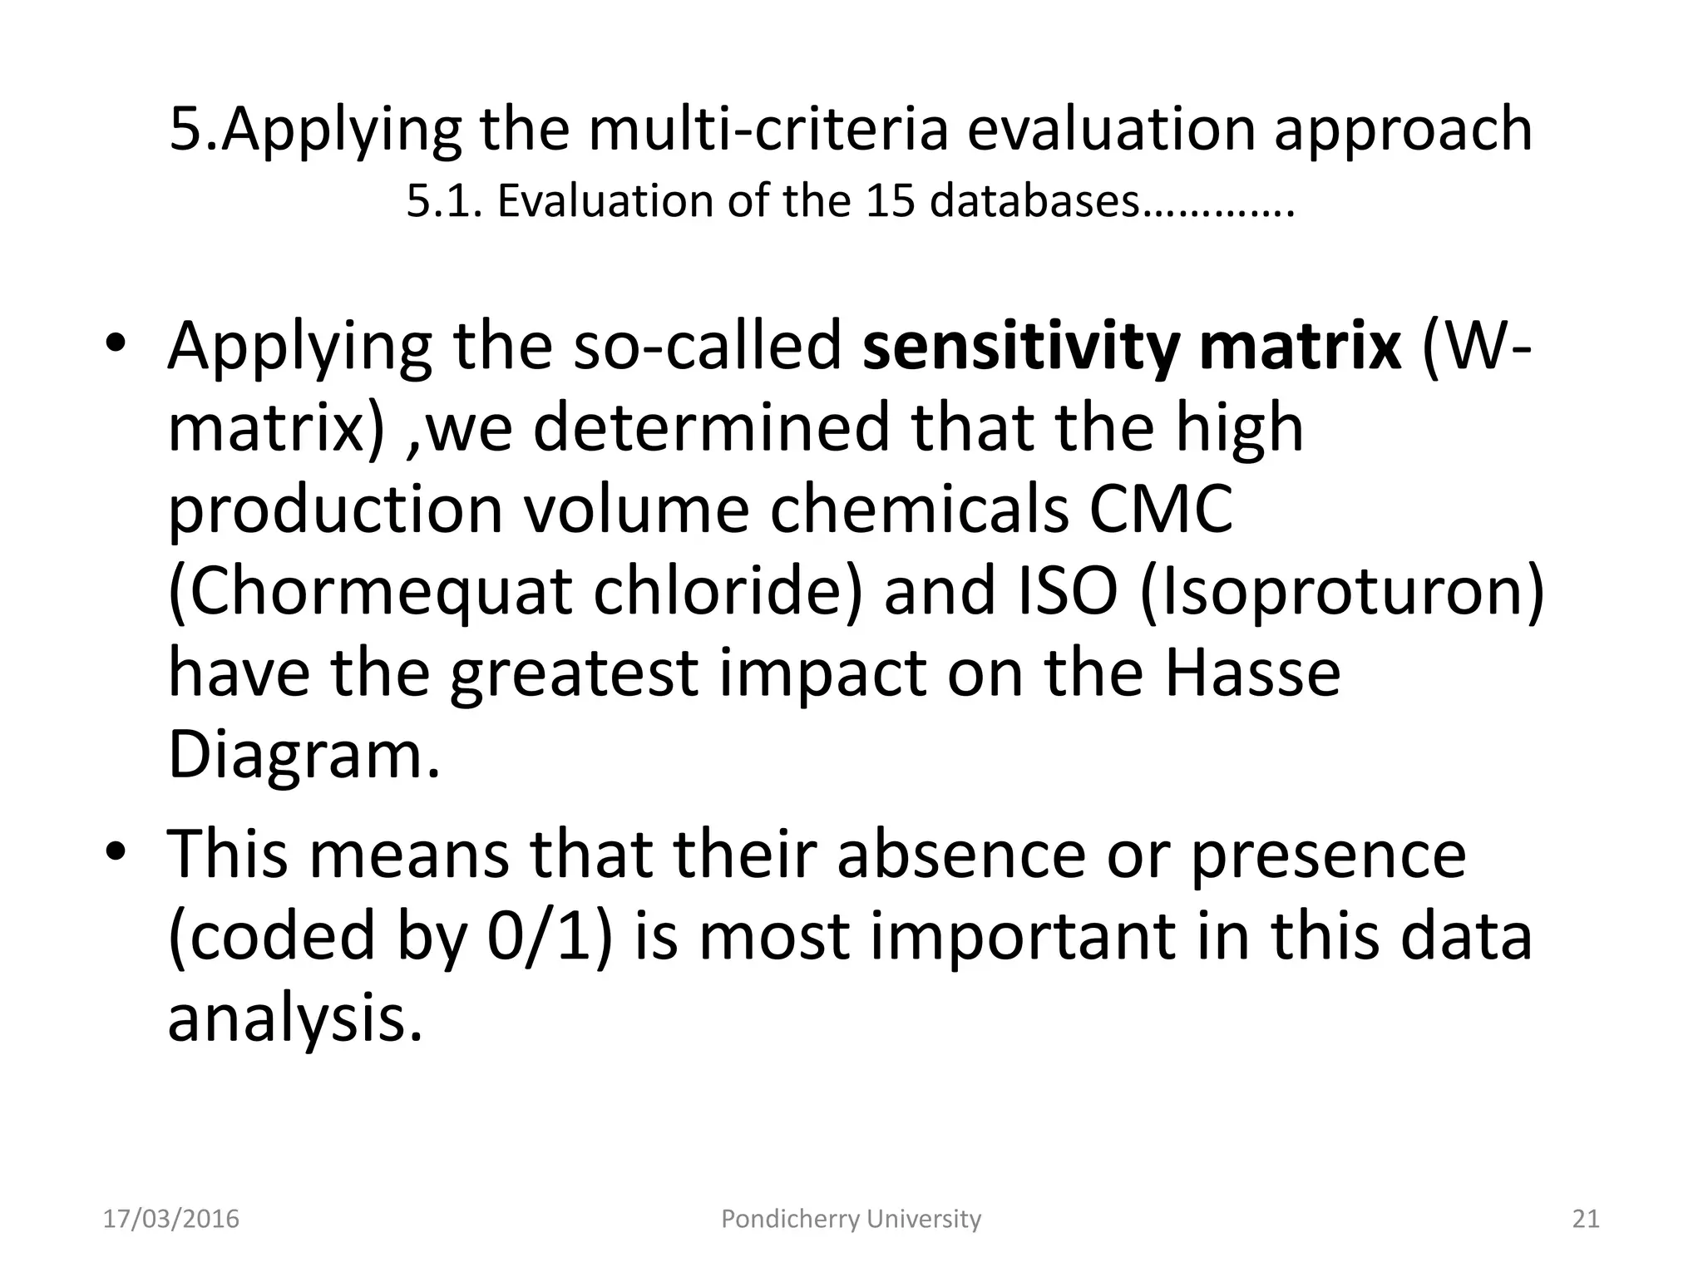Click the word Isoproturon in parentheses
1341,591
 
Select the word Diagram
304,755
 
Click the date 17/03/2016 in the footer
170,1219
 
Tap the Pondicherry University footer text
851,1219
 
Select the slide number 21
1586,1219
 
